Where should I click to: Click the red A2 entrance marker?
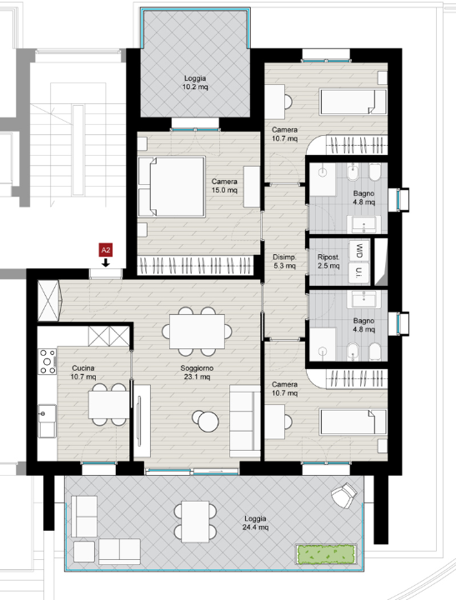[106, 250]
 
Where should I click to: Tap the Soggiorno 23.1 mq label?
[197, 372]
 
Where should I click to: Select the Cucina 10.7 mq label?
[83, 372]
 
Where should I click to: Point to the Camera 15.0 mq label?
[224, 186]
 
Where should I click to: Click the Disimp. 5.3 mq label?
[284, 262]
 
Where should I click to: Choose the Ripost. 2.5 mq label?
[328, 262]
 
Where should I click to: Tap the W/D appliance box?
[359, 251]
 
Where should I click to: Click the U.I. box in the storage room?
[359, 273]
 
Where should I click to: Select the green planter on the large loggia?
[326, 554]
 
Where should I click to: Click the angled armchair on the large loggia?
[344, 495]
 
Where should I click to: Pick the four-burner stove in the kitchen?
[47, 361]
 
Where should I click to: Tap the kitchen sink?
[47, 421]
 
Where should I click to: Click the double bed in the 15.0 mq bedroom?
[172, 187]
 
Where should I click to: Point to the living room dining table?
[197, 332]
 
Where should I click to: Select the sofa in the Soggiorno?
[245, 421]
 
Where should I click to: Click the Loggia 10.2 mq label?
[195, 82]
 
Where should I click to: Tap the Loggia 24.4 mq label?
[255, 522]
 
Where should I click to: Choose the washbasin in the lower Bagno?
[363, 299]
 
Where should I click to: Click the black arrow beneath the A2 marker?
[106, 262]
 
